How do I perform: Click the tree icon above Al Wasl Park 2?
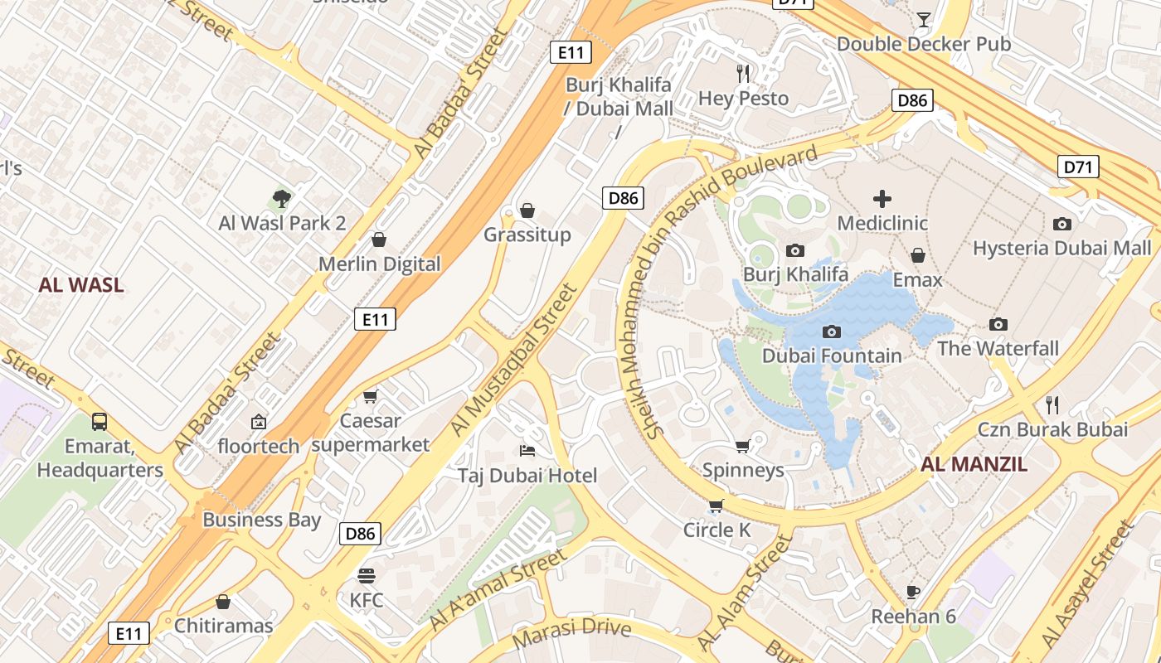[x=282, y=198]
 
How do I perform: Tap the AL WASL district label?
[x=81, y=285]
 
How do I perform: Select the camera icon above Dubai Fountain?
[x=831, y=331]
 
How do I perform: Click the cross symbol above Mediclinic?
[x=882, y=198]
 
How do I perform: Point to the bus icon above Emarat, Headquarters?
[x=100, y=421]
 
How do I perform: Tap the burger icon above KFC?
[x=367, y=575]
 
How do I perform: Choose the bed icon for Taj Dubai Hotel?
[x=527, y=450]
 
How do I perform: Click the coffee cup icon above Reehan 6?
[x=913, y=592]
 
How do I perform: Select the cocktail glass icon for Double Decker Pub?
[x=924, y=19]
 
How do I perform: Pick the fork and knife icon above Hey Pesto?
[x=743, y=74]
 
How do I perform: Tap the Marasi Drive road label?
[x=572, y=634]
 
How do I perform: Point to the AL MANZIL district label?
[x=974, y=464]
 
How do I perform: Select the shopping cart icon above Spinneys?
[x=742, y=446]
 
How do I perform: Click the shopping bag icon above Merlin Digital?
[x=379, y=240]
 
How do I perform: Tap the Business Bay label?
[x=261, y=520]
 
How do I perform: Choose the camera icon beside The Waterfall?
[x=998, y=324]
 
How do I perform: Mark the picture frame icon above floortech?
[x=259, y=421]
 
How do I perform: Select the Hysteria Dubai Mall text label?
[x=1061, y=248]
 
